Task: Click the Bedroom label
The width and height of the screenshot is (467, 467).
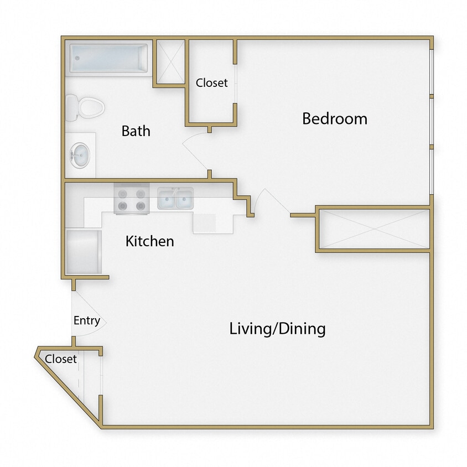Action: [334, 118]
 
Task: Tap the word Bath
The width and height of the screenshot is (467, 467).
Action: [136, 131]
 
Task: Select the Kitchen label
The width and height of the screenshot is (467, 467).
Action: [149, 241]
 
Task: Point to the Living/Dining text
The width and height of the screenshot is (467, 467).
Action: [277, 329]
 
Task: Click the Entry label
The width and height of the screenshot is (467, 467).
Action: [87, 320]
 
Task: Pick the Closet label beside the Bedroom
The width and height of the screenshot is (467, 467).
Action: [211, 83]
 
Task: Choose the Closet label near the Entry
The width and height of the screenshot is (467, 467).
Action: [61, 359]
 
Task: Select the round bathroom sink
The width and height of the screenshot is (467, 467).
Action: [79, 155]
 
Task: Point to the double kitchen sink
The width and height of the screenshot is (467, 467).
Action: [175, 199]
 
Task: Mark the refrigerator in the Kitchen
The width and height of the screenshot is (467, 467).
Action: [83, 252]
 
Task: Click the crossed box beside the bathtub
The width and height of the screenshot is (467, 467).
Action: [170, 61]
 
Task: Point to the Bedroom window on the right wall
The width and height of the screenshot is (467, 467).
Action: [432, 122]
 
